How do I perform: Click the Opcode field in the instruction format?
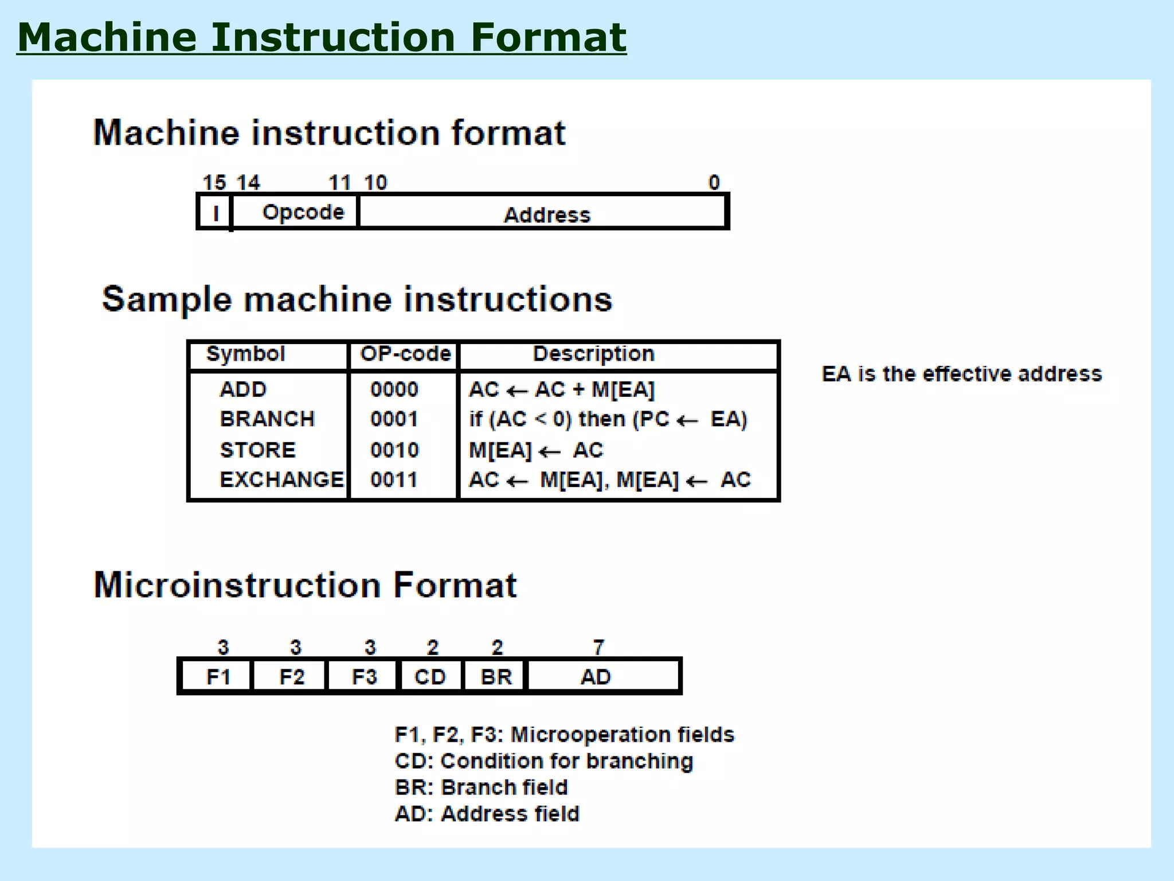pyautogui.click(x=303, y=212)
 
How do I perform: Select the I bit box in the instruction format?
pyautogui.click(x=216, y=213)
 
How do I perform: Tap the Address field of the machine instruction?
pyautogui.click(x=546, y=215)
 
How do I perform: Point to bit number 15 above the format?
pyautogui.click(x=214, y=182)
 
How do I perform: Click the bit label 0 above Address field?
pyautogui.click(x=714, y=182)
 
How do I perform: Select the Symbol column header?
pyautogui.click(x=245, y=354)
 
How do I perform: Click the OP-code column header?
pyautogui.click(x=405, y=354)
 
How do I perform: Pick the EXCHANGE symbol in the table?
pyautogui.click(x=281, y=480)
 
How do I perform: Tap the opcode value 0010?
pyautogui.click(x=394, y=450)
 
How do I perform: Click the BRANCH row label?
pyautogui.click(x=267, y=419)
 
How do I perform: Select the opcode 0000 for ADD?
pyautogui.click(x=394, y=389)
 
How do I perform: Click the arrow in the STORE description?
pyautogui.click(x=550, y=451)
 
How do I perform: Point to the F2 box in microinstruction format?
pyautogui.click(x=291, y=677)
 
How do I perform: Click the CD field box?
pyautogui.click(x=430, y=677)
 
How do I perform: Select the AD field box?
pyautogui.click(x=596, y=677)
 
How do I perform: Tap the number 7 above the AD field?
pyautogui.click(x=598, y=647)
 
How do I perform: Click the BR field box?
pyautogui.click(x=496, y=677)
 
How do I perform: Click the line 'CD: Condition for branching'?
pyautogui.click(x=543, y=761)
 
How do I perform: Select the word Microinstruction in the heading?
pyautogui.click(x=237, y=585)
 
